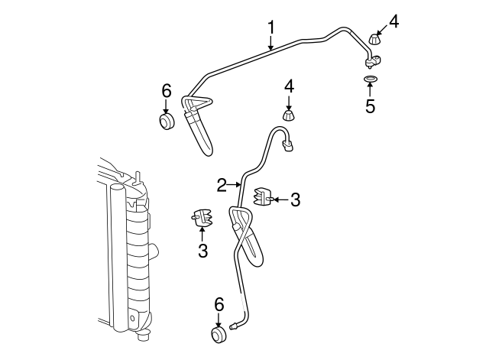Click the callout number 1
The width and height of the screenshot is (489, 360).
coord(270,28)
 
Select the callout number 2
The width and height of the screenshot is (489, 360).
coord(222,185)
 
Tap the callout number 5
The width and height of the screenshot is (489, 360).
coord(370,106)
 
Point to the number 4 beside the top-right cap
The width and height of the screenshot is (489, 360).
coord(393,21)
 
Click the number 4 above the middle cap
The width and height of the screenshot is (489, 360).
coord(289,86)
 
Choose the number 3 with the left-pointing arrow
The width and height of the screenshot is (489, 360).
coord(295,199)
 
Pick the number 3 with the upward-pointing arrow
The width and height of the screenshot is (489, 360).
coord(202,250)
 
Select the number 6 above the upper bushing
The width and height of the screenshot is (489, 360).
coord(167,90)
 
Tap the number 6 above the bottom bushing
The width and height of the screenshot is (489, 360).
coord(219,304)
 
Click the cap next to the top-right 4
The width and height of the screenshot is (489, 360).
coord(375,39)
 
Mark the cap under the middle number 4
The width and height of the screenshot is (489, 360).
coord(289,115)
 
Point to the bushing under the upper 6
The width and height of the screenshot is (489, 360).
coord(167,122)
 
